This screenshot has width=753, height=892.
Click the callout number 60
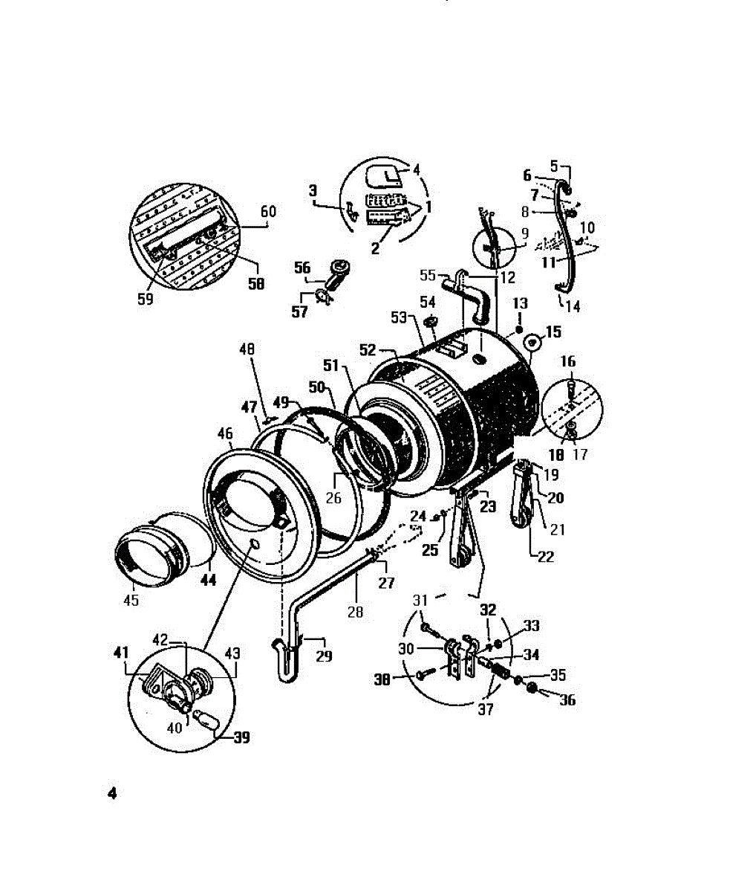[268, 212]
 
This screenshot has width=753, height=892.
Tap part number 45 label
[131, 600]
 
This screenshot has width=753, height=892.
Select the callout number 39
[241, 737]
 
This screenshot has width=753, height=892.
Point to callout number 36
[567, 699]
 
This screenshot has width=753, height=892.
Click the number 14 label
[573, 305]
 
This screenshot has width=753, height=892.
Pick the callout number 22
[545, 557]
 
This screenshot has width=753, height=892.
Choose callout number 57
[299, 312]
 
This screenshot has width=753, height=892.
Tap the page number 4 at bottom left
[112, 794]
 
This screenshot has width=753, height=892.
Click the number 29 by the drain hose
[323, 656]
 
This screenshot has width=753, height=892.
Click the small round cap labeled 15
[532, 343]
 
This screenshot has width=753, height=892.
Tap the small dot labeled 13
[519, 329]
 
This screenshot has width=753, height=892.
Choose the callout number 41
[121, 653]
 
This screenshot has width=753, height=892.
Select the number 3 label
[313, 191]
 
